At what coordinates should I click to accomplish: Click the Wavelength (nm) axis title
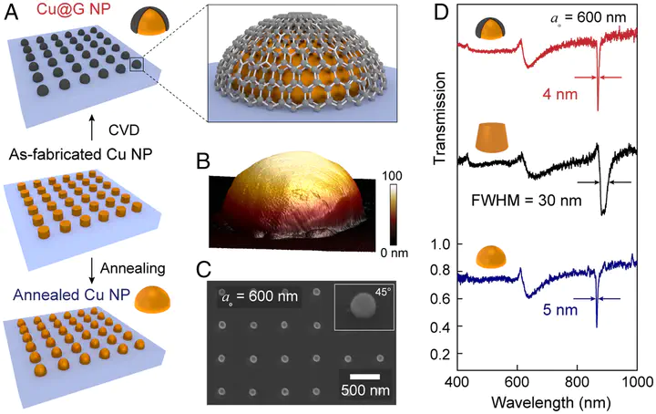(x=547, y=399)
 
